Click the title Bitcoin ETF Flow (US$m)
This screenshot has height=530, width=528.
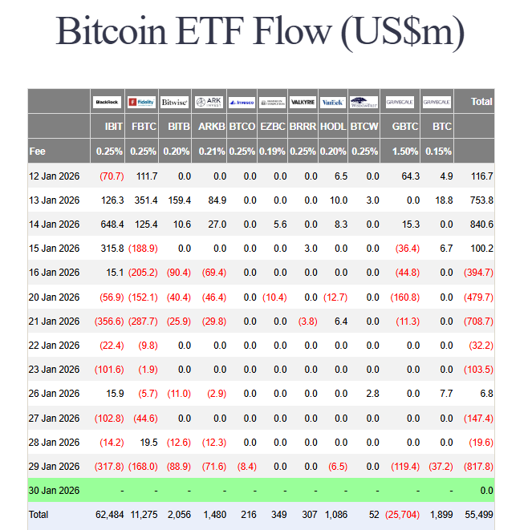(x=260, y=32)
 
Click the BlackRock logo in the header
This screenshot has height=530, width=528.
(x=107, y=102)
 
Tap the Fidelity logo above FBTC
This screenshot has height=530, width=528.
(x=141, y=102)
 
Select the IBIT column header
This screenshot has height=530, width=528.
(x=113, y=127)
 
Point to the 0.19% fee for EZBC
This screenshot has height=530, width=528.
(x=273, y=151)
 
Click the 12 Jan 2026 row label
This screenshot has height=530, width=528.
(x=54, y=176)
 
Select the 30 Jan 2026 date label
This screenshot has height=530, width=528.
(x=54, y=491)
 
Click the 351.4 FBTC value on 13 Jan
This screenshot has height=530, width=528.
(x=144, y=200)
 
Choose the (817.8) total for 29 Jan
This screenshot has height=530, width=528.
(x=478, y=467)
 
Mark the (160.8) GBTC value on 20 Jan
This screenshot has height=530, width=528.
(x=404, y=297)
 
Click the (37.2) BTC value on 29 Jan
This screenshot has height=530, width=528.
(x=439, y=467)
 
